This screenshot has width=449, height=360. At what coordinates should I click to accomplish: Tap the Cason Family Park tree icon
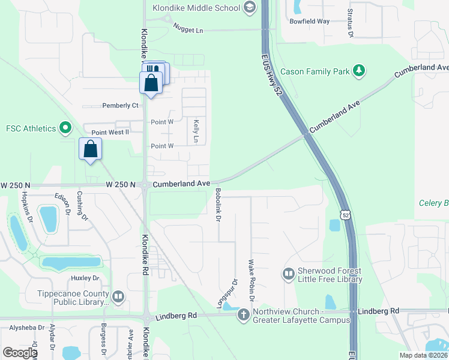pos(359,71)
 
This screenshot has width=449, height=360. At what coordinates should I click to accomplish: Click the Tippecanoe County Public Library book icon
pos(118,296)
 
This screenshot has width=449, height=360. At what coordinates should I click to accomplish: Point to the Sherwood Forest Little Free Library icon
pos(288,274)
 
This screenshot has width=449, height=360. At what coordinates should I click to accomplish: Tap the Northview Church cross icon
pos(243,315)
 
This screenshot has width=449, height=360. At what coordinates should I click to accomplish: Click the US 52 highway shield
pos(344,214)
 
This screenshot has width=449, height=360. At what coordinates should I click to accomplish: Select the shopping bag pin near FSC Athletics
pos(90,149)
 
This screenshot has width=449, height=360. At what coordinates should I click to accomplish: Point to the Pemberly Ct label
pos(120,106)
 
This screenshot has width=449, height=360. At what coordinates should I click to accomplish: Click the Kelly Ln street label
pos(196,131)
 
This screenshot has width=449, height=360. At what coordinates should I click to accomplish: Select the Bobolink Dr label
pos(218,206)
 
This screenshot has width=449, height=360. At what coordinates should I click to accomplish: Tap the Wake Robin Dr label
pos(252,281)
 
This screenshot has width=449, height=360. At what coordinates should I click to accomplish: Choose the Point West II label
pos(110,133)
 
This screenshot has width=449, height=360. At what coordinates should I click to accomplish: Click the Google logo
pos(20,352)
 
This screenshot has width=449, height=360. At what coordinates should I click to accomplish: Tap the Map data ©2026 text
pos(423,355)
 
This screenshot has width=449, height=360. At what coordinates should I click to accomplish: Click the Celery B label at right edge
pos(433,203)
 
